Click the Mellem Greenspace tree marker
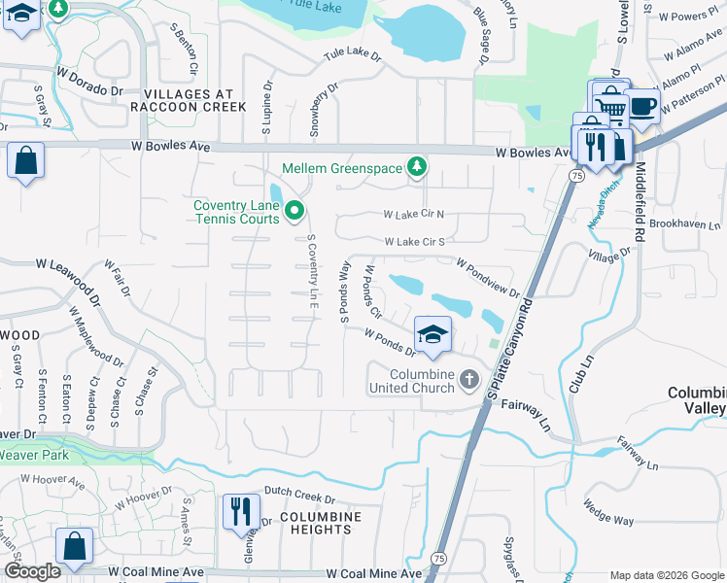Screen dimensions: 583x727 point(417,168)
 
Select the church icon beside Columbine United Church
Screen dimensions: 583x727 point(469,378)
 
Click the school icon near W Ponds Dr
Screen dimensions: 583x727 point(432,334)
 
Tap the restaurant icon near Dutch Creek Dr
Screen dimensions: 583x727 point(239,510)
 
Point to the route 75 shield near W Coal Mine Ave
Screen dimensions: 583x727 point(439,559)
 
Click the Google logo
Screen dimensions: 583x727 point(32,571)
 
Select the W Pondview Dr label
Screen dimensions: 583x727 point(488,279)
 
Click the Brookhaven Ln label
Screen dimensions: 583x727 point(690,223)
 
